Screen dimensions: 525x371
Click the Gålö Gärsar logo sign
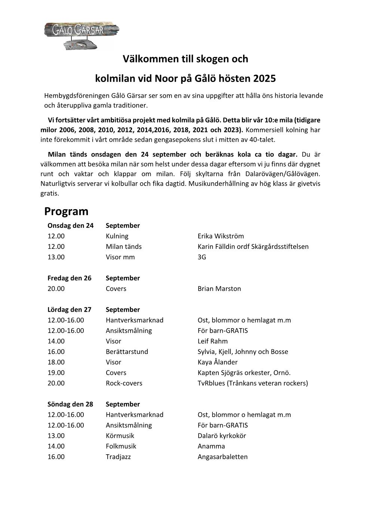(x=81, y=35)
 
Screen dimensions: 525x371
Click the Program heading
(x=66, y=211)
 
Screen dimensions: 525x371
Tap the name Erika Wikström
(x=221, y=236)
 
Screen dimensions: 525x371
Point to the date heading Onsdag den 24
(x=70, y=226)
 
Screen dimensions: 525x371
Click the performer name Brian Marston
(x=219, y=289)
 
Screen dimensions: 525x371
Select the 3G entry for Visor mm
(x=202, y=257)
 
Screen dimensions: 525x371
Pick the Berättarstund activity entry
(x=127, y=352)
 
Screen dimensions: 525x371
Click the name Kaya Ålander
(x=217, y=362)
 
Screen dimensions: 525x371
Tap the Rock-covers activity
(x=124, y=383)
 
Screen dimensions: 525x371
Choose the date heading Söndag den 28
(x=70, y=404)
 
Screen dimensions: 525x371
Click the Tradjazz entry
(x=118, y=457)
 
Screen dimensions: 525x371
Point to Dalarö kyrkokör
(x=222, y=436)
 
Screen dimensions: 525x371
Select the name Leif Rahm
(x=212, y=341)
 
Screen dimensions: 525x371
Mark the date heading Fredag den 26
(x=69, y=278)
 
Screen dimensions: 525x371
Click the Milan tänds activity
(x=123, y=247)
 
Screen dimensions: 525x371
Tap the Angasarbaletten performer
(x=223, y=457)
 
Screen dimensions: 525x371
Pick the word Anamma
(x=211, y=446)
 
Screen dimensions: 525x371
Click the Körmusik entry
(x=120, y=436)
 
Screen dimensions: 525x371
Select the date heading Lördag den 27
(x=69, y=309)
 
